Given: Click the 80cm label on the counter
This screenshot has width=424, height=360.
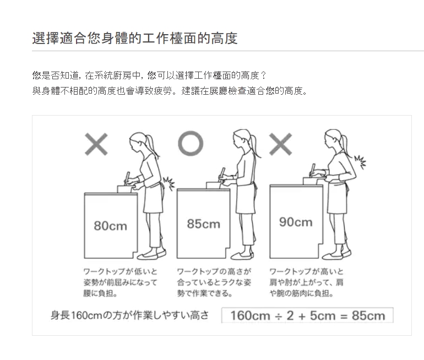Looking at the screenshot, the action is (110, 226).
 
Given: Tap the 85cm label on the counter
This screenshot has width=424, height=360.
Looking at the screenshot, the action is (203, 224).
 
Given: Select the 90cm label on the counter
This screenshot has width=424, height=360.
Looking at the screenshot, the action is (296, 222).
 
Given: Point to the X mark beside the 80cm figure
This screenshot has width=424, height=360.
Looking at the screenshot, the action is (96, 144).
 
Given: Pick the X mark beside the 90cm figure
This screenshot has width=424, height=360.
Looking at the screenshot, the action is (281, 144).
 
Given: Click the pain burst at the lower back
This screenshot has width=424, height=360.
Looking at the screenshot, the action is (168, 184).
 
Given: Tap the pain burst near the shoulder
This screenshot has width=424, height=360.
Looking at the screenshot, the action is (360, 162).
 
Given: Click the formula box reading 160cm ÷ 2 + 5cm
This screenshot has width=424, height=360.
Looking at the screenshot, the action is (307, 315).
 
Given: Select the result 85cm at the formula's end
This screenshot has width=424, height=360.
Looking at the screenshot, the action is (368, 315).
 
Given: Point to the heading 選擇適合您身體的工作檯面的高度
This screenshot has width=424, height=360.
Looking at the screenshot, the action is (135, 38).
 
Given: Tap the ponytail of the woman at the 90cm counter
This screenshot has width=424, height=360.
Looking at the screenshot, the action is (344, 143).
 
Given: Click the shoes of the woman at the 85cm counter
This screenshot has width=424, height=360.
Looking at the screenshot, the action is (242, 255).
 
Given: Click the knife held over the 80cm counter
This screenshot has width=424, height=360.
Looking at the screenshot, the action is (127, 178).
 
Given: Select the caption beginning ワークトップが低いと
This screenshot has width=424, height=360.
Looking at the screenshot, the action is (121, 282).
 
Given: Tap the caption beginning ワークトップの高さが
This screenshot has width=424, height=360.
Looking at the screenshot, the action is (214, 282).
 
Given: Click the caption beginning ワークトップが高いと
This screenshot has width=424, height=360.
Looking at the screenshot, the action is (306, 282).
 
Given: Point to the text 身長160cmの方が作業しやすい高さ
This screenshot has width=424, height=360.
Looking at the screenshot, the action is (130, 315).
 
